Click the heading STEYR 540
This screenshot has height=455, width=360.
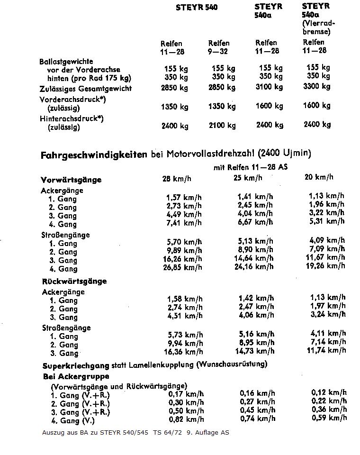tap(197, 8)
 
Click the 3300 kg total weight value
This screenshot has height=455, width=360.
tap(317, 86)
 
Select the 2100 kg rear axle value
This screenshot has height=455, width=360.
tap(222, 125)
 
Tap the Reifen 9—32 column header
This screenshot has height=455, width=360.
tap(219, 47)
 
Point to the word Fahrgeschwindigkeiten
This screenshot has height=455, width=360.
tap(94, 155)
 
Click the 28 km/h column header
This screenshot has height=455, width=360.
tap(177, 178)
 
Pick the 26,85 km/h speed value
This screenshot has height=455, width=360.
tap(183, 267)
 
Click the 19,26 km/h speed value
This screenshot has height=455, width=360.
tap(326, 265)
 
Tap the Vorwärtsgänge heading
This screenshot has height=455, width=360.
tap(71, 180)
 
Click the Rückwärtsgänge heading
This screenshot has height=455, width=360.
tap(74, 281)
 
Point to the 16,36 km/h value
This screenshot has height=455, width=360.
tap(183, 352)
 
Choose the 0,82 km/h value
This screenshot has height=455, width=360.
tap(186, 419)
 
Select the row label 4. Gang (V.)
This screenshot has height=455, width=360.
tap(73, 420)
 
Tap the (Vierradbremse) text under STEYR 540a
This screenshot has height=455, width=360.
tap(318, 27)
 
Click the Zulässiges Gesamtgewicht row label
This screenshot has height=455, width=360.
tap(85, 89)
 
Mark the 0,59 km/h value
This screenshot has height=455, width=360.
tap(329, 418)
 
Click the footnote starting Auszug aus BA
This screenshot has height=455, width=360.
tap(135, 433)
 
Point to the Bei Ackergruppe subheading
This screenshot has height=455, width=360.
tap(76, 376)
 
